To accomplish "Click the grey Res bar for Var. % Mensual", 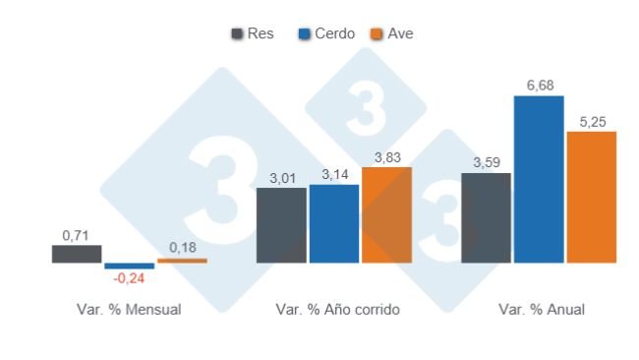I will click(77, 254).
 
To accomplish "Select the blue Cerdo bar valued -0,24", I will click(130, 266).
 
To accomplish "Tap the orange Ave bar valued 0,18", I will click(182, 261).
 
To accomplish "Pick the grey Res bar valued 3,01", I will click(281, 225).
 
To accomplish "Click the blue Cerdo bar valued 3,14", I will click(333, 223).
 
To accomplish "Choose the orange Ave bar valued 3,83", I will click(386, 214).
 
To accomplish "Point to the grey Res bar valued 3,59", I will click(486, 217).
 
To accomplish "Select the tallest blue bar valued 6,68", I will click(539, 179).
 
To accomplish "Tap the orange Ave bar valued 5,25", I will click(591, 197).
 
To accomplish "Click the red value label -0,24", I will click(130, 278).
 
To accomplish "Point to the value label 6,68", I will click(539, 87).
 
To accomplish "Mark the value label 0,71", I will click(77, 236).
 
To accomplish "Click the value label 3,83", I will click(386, 157).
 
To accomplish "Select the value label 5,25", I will click(591, 122).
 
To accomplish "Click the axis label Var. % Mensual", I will click(129, 309).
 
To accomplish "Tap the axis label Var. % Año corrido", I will click(333, 309).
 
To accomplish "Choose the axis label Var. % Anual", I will click(541, 309).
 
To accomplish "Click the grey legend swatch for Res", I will click(237, 33).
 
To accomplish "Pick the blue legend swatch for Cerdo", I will click(305, 33).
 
